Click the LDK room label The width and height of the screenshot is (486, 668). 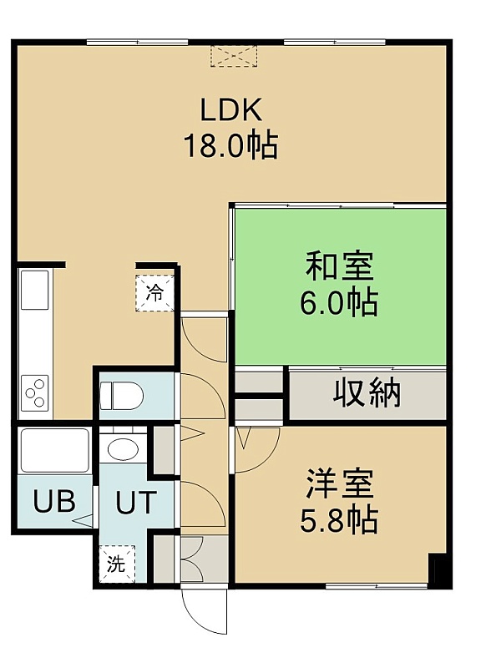231,110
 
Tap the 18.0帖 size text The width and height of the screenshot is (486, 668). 231,145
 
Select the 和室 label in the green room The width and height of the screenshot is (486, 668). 340,266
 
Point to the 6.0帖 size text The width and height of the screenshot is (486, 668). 340,302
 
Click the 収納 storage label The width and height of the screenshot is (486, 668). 367,392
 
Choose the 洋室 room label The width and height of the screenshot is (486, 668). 340,483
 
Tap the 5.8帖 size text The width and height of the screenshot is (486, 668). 340,519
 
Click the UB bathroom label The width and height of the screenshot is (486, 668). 54,501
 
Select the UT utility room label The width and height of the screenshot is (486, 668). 134,502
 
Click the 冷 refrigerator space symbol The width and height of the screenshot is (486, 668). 155,293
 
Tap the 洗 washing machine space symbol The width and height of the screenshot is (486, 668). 117,564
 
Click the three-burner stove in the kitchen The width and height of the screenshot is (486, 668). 35,392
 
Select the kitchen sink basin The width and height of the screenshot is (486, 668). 35,290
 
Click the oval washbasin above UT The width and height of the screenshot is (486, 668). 123,449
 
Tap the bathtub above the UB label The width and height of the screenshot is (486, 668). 55,450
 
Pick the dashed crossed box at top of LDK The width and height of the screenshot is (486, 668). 235,56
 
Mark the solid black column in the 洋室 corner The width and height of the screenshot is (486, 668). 438,570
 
